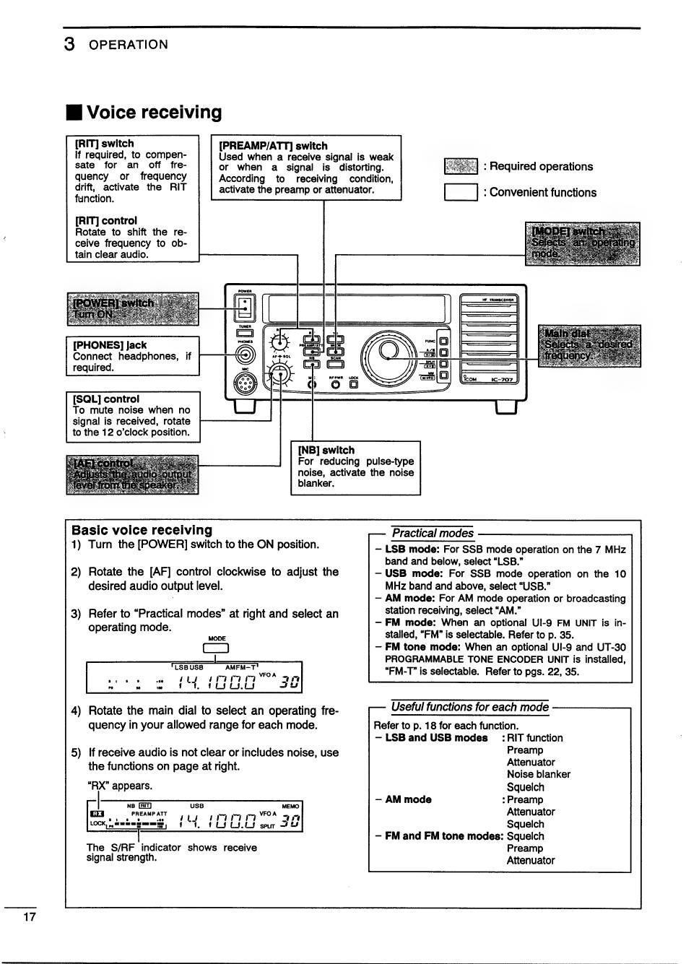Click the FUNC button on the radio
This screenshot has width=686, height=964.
(x=443, y=341)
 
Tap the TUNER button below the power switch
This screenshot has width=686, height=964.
(x=245, y=334)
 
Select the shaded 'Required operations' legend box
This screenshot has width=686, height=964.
(x=461, y=167)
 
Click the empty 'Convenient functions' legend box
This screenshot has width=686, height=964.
(x=461, y=193)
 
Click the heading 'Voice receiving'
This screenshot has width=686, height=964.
(x=154, y=113)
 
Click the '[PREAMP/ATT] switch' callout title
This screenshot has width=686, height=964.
(x=273, y=146)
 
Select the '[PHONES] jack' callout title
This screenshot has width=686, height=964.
(x=110, y=345)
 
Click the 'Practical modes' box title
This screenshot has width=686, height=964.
(x=433, y=534)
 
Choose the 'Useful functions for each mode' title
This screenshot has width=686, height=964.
(x=469, y=707)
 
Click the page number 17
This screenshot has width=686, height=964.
(x=29, y=917)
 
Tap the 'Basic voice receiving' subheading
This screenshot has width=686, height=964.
(x=142, y=530)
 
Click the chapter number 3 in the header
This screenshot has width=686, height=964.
(x=69, y=44)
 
